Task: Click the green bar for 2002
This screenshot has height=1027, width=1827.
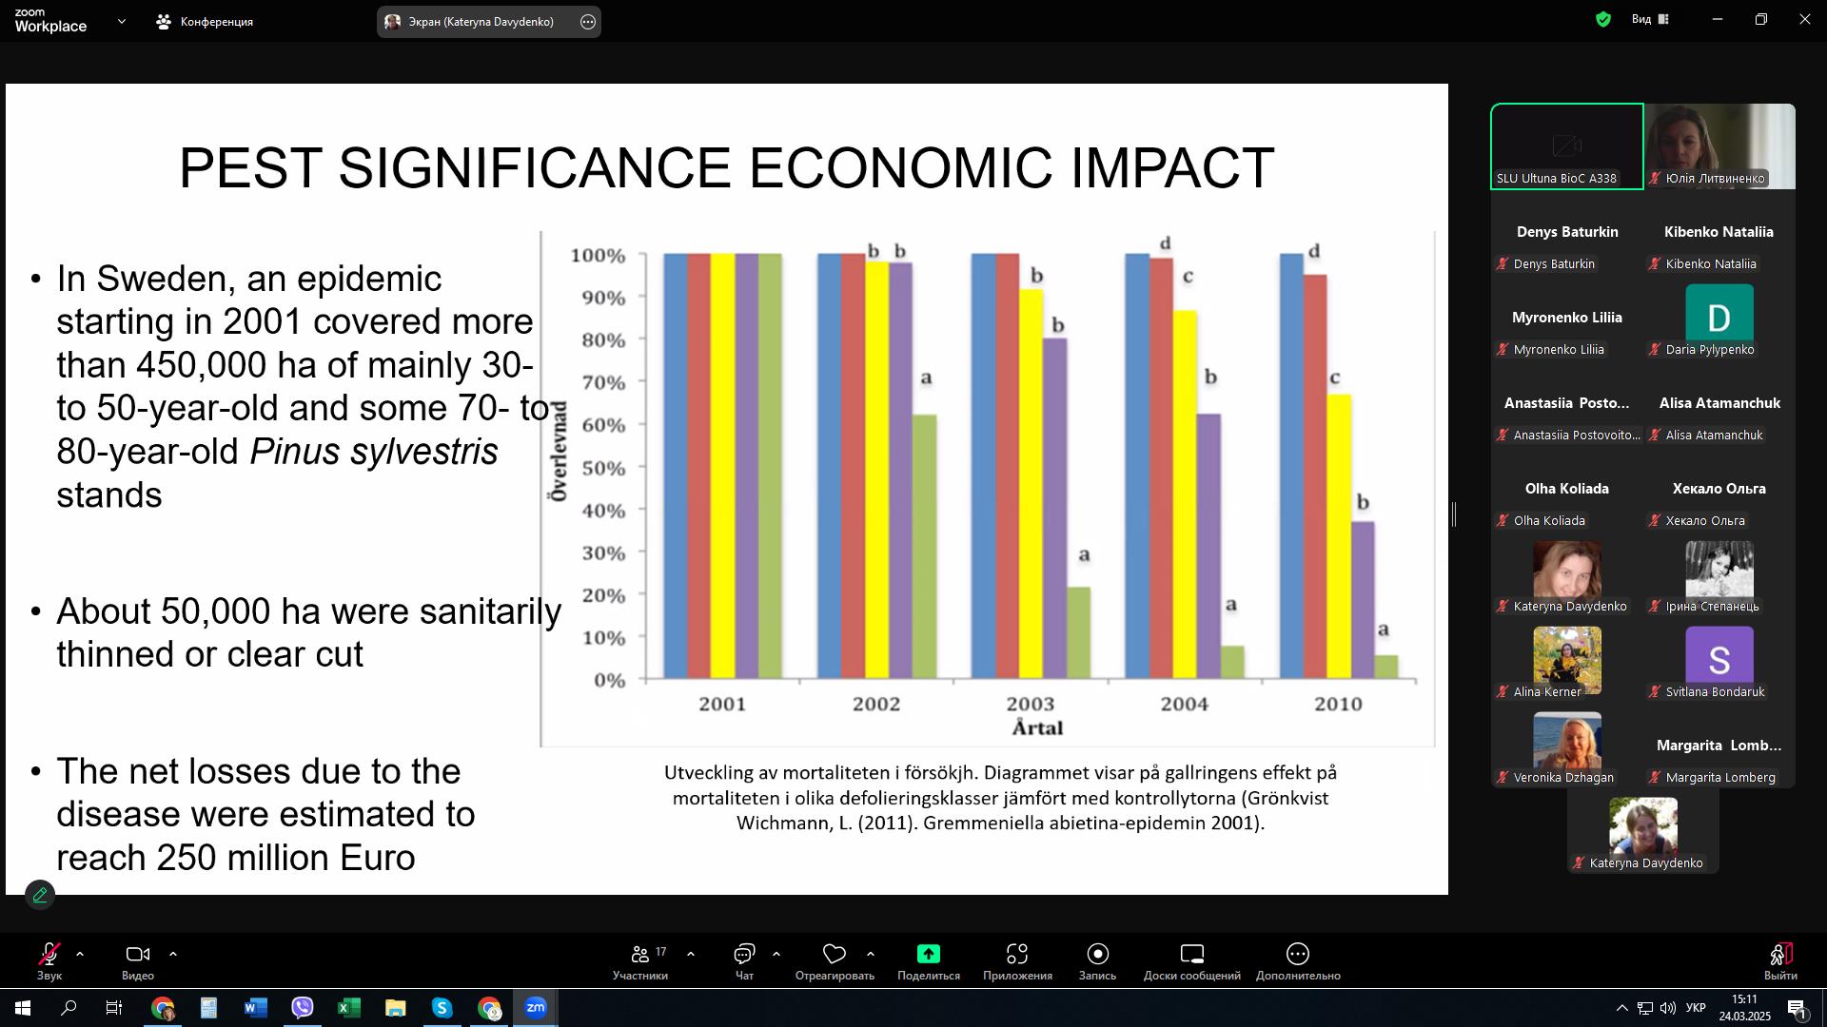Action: point(924,547)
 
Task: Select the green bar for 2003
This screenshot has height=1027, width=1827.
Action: point(1078,633)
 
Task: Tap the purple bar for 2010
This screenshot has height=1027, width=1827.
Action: point(1363,600)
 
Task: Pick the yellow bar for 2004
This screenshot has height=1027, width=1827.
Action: point(1185,494)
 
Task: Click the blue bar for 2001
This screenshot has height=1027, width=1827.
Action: point(676,467)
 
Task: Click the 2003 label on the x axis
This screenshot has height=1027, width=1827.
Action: point(1031,705)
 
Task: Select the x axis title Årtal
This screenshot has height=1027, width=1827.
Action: point(1037,728)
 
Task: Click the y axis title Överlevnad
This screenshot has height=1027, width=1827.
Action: point(558,451)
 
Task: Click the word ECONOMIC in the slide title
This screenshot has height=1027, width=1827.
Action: point(901,168)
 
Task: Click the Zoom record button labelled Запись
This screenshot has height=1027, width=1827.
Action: point(1097,961)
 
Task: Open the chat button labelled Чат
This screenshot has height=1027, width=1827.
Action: point(744,961)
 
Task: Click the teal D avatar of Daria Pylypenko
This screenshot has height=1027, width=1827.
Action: point(1719,313)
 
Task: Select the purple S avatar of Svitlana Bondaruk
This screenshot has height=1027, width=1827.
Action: point(1719,655)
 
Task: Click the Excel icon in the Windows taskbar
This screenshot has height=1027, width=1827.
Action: point(348,1008)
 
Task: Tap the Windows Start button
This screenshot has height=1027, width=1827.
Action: point(23,1008)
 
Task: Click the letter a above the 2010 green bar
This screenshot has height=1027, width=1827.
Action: point(1384,630)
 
